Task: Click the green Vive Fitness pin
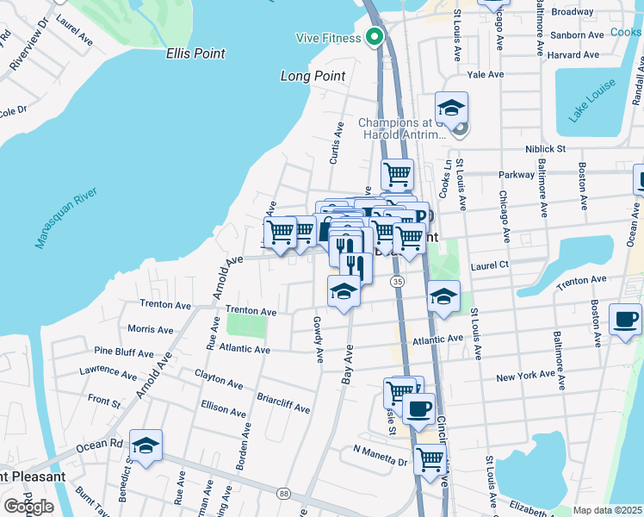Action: [375, 37]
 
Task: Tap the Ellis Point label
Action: [195, 53]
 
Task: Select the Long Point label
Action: [313, 76]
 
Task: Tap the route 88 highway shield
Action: [283, 493]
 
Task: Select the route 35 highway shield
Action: [397, 282]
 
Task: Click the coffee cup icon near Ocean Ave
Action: [625, 320]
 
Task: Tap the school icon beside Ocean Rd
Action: [146, 445]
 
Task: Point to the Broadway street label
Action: [573, 12]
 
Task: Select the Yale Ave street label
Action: [484, 75]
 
